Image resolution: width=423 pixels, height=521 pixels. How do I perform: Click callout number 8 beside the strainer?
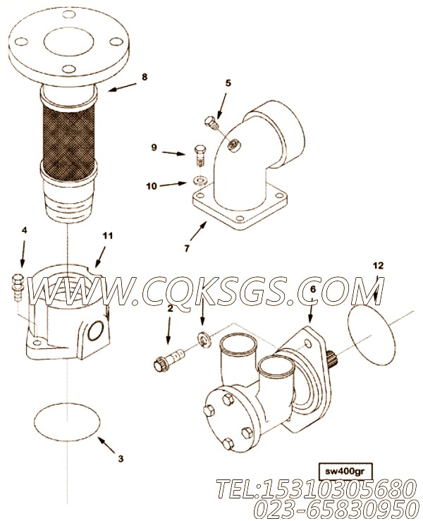point(145,77)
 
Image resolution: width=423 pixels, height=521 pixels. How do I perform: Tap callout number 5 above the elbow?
point(228,83)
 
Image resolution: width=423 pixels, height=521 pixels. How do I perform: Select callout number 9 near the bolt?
point(154,147)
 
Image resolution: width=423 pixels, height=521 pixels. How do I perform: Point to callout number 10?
point(151,186)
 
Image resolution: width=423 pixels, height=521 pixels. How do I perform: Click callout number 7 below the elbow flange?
point(187,248)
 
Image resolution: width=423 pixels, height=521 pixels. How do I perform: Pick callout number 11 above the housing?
point(107,236)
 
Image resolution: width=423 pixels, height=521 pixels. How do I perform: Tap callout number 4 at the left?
point(24,231)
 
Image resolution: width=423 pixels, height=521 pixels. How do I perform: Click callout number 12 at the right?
point(378,266)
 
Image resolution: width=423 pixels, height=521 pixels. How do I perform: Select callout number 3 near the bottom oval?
point(121,459)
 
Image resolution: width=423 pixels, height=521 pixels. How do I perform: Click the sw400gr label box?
point(345,471)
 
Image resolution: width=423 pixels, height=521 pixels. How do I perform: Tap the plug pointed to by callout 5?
point(211,122)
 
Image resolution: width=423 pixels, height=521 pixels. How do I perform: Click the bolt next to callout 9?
point(200,155)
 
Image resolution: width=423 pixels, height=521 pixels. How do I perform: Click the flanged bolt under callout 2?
point(168,361)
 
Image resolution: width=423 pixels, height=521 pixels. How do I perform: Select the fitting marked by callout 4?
point(18,286)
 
